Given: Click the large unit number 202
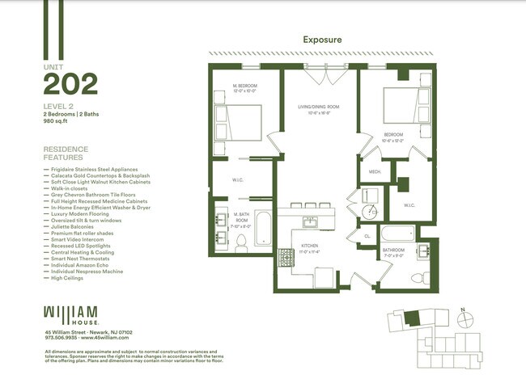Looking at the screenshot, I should pyautogui.click(x=70, y=83).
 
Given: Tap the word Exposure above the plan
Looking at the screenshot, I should pyautogui.click(x=321, y=39).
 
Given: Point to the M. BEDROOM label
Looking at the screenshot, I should pyautogui.click(x=245, y=86).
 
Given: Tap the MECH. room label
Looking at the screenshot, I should pyautogui.click(x=375, y=171).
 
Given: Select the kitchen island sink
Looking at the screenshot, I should pyautogui.click(x=311, y=221).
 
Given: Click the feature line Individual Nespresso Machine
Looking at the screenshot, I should pyautogui.click(x=87, y=271).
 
